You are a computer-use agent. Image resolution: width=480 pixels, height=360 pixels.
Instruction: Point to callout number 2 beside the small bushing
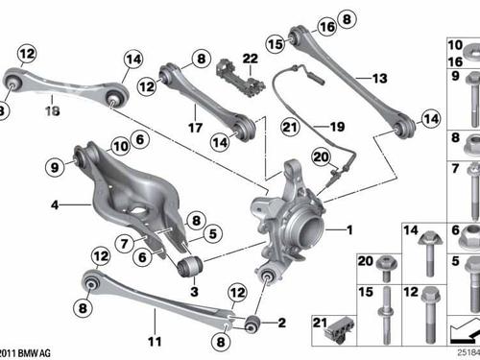click(281, 323)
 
